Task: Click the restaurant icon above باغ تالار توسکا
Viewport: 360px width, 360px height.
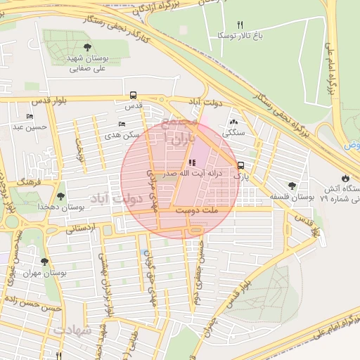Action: [240, 24]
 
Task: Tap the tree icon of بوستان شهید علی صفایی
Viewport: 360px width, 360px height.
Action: [87, 47]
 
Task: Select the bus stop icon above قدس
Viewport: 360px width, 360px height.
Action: [133, 96]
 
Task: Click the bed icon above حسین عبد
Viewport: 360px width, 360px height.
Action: [30, 117]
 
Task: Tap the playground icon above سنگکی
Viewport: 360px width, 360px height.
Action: [233, 122]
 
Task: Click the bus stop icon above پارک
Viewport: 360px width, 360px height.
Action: [241, 166]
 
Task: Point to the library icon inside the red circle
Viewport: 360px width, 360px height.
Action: [193, 163]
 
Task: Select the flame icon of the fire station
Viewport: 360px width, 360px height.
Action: [345, 178]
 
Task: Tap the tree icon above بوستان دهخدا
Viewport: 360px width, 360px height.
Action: [60, 196]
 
